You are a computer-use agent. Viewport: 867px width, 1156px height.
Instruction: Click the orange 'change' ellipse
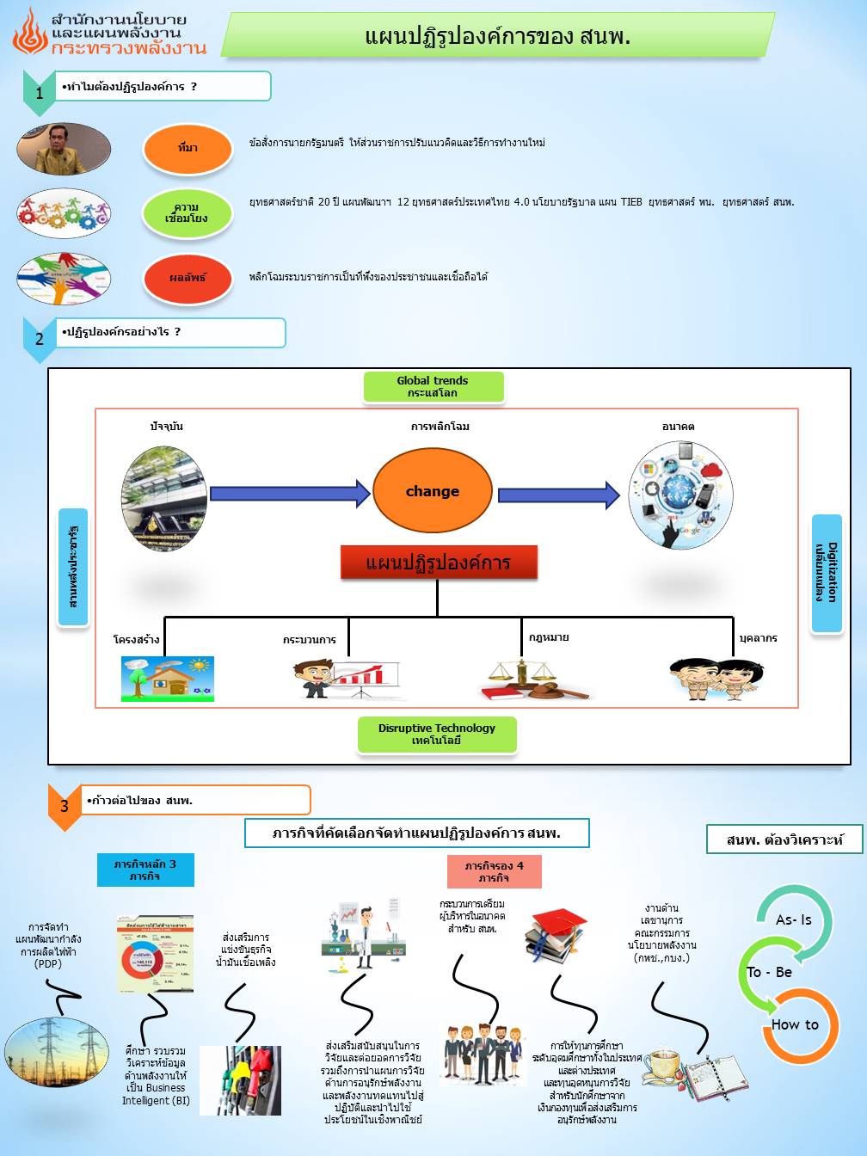pos(433,491)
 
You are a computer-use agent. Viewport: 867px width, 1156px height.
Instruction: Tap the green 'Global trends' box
pos(433,387)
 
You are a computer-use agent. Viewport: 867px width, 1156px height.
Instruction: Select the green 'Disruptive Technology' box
pos(437,735)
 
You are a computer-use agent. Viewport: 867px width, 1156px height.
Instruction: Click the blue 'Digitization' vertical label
pos(827,573)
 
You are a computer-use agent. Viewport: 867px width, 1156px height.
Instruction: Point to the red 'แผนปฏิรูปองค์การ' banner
pos(439,563)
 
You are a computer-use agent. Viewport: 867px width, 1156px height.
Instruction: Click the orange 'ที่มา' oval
pos(188,148)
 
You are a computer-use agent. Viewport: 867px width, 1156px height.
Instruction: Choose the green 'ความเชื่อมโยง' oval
pos(187,213)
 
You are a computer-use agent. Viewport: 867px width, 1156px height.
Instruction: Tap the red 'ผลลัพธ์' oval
pos(188,278)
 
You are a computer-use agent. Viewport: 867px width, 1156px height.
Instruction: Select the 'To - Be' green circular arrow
pos(768,973)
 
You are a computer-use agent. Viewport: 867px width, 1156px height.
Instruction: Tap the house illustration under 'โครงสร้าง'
pos(167,679)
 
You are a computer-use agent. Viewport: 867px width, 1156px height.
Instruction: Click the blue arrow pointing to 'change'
pos(290,493)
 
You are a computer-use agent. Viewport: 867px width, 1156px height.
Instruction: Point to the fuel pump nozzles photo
pos(241,1080)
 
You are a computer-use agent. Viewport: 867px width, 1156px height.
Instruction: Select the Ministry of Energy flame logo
pos(30,32)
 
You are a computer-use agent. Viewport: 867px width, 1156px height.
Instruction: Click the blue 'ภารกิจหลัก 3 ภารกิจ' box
pos(145,870)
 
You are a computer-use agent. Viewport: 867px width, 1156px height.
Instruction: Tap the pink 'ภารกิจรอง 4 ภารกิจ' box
pos(495,871)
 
